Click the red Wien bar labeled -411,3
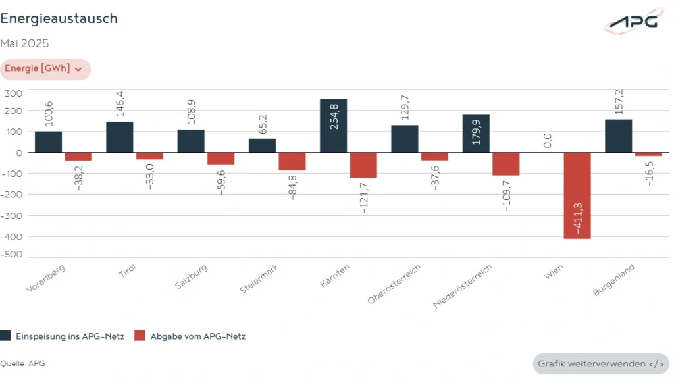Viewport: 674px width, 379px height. click(x=577, y=195)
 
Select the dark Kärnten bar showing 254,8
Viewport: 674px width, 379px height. click(x=333, y=126)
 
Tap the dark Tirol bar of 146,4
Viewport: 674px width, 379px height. click(x=120, y=137)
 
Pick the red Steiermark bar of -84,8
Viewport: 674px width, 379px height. click(x=292, y=161)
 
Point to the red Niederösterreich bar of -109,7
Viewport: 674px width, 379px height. click(x=505, y=164)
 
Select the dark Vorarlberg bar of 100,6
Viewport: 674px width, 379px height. click(x=48, y=141)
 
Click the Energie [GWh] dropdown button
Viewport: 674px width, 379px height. click(x=44, y=69)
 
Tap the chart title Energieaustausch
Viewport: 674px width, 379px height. click(x=59, y=19)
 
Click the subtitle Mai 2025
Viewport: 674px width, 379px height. click(x=24, y=44)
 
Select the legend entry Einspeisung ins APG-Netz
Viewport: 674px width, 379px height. click(x=63, y=336)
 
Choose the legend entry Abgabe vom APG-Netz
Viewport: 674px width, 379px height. click(x=189, y=336)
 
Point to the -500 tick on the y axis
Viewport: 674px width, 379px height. click(x=13, y=254)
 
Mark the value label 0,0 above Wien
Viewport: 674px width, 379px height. click(x=547, y=140)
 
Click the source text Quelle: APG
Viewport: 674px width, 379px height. click(x=22, y=363)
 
